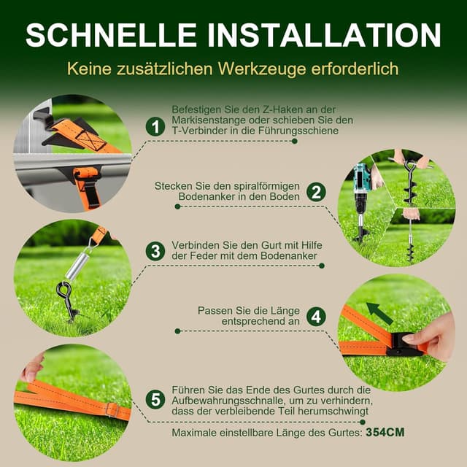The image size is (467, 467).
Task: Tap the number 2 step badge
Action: pos(315,193)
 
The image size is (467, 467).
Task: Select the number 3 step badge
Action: pos(154,252)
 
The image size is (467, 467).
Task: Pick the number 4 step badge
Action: pos(315,317)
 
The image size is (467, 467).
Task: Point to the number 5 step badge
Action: pos(154,399)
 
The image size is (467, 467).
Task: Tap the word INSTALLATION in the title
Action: pos(325,34)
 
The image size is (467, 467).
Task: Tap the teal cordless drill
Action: pos(360,182)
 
